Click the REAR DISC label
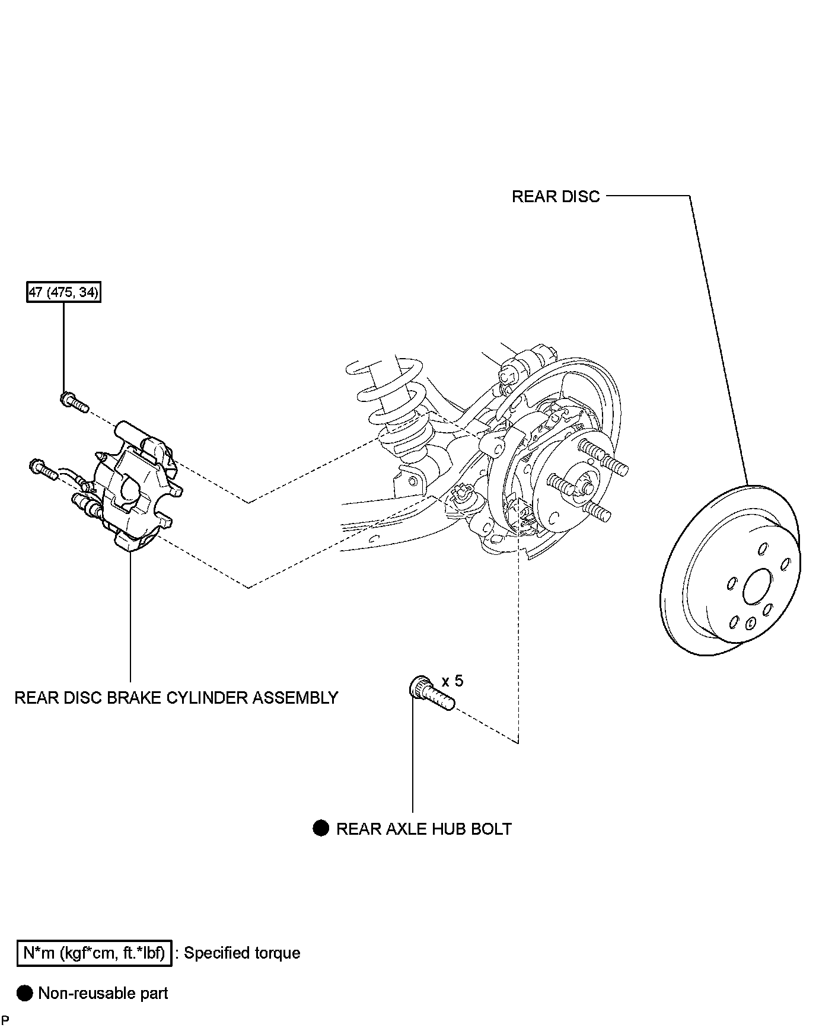pyautogui.click(x=556, y=196)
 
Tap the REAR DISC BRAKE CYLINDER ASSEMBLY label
pyautogui.click(x=176, y=697)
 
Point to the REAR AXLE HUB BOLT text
pyautogui.click(x=423, y=829)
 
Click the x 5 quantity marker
pyautogui.click(x=452, y=681)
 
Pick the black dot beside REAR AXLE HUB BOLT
pyautogui.click(x=321, y=828)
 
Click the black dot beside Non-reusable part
pyautogui.click(x=25, y=993)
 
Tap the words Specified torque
pyautogui.click(x=242, y=953)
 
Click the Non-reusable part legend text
pyautogui.click(x=103, y=993)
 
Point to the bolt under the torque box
pyautogui.click(x=74, y=402)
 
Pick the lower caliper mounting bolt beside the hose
pyautogui.click(x=43, y=469)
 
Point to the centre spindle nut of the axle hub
pyautogui.click(x=585, y=486)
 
